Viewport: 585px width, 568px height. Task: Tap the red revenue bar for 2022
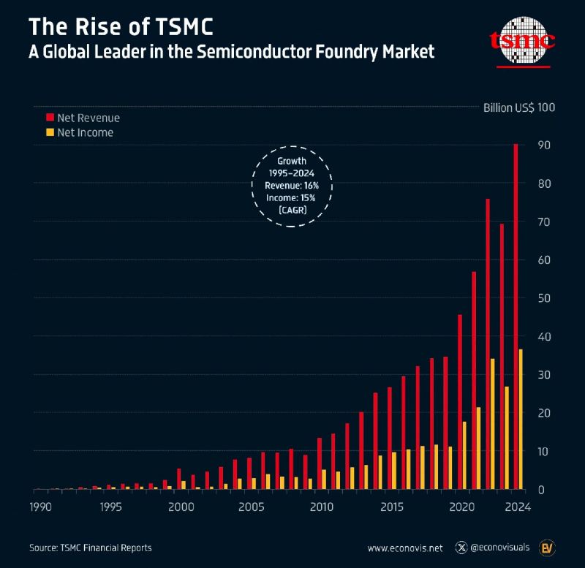[488, 344]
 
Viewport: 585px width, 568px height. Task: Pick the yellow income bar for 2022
[493, 424]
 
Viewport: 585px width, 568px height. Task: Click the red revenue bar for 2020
[459, 401]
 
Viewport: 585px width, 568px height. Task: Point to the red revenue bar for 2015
[390, 438]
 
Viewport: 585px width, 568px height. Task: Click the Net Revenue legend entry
[83, 118]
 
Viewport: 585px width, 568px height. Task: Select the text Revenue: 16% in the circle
[291, 186]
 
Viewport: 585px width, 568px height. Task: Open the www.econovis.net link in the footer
[404, 548]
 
